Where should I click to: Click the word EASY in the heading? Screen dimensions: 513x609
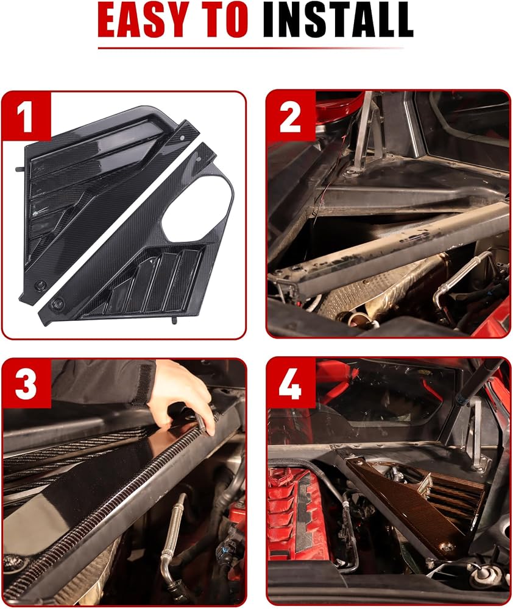tap(142, 19)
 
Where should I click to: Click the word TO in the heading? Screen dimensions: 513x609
tap(221, 19)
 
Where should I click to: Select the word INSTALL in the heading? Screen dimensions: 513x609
tap(338, 19)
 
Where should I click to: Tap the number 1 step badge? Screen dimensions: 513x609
tap(27, 116)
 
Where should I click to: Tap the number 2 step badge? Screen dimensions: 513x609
tap(291, 116)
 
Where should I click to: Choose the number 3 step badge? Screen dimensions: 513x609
tap(27, 384)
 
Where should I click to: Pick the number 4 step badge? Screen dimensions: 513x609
tap(291, 384)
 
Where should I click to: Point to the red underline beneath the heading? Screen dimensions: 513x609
tap(251, 48)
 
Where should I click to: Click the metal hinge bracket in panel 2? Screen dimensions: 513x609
tap(363, 136)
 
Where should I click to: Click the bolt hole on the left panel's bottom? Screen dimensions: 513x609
tap(39, 284)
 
